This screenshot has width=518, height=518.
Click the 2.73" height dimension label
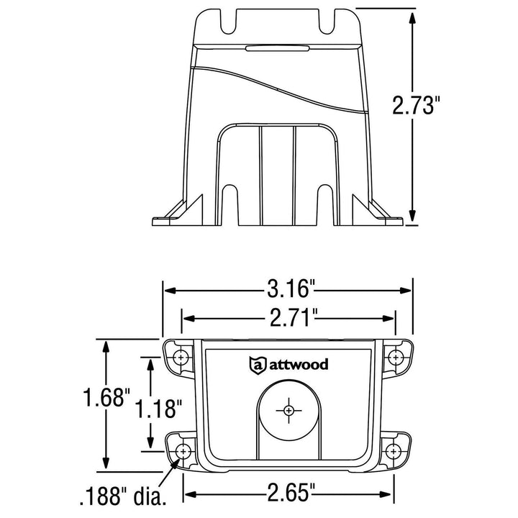tap(417, 106)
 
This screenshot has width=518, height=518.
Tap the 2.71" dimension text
tap(288, 317)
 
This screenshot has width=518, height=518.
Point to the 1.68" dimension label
tap(106, 397)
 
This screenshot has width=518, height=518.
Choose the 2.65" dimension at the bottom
tap(288, 493)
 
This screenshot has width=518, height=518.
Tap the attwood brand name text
tap(299, 365)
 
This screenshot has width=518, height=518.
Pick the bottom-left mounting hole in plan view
tap(183, 451)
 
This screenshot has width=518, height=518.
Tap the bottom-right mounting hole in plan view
tap(394, 451)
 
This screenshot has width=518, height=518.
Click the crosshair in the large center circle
tap(288, 410)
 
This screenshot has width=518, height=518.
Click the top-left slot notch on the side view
tap(225, 22)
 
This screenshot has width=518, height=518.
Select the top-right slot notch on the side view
tap(334, 22)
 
